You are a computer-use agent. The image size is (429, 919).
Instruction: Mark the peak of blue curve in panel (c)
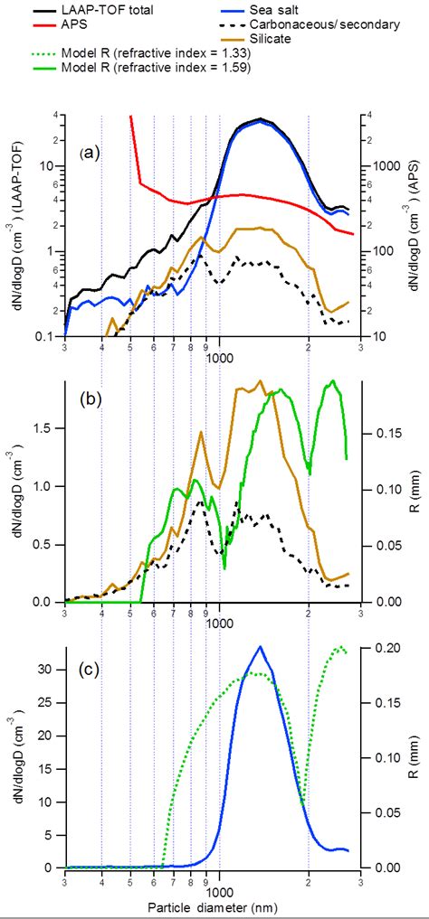261,646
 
